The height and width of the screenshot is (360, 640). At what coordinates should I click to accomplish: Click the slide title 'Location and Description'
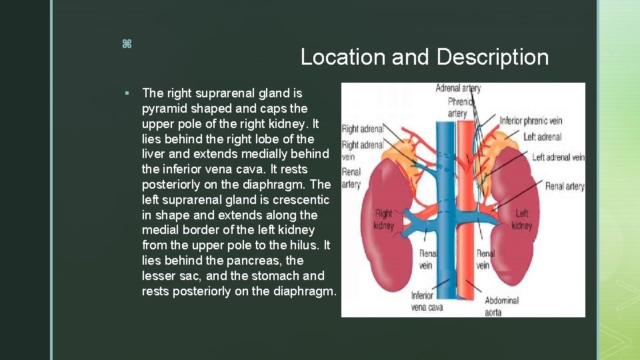(424, 57)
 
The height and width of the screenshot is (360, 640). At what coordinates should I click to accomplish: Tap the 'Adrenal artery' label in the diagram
(458, 88)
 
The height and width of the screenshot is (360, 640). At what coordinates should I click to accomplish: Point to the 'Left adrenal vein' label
(559, 157)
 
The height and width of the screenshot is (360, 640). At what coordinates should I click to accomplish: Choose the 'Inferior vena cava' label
(427, 301)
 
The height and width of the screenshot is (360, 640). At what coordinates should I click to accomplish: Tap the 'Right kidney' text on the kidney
(384, 219)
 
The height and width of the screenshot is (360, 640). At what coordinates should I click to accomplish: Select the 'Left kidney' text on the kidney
(522, 219)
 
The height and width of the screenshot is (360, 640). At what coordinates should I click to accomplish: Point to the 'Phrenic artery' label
(457, 108)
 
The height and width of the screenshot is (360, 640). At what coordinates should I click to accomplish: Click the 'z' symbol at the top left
(126, 44)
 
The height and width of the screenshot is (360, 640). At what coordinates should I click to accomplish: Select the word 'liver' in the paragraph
(155, 154)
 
